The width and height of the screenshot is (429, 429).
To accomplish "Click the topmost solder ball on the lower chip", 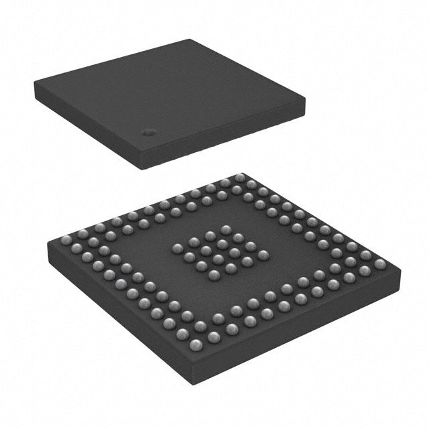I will (239, 178).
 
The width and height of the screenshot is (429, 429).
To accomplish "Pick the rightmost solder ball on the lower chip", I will (380, 264).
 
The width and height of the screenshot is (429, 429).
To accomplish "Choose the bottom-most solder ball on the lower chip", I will (196, 345).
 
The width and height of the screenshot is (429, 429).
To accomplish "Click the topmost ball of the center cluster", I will (224, 229).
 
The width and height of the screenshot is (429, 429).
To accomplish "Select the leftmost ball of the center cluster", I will (177, 248).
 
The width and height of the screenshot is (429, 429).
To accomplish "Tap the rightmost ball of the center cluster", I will (263, 255).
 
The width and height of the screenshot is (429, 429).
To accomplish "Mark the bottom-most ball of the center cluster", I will (214, 274).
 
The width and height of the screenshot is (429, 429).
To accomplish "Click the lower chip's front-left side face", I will (121, 315).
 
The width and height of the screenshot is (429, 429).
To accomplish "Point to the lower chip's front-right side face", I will (302, 328).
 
